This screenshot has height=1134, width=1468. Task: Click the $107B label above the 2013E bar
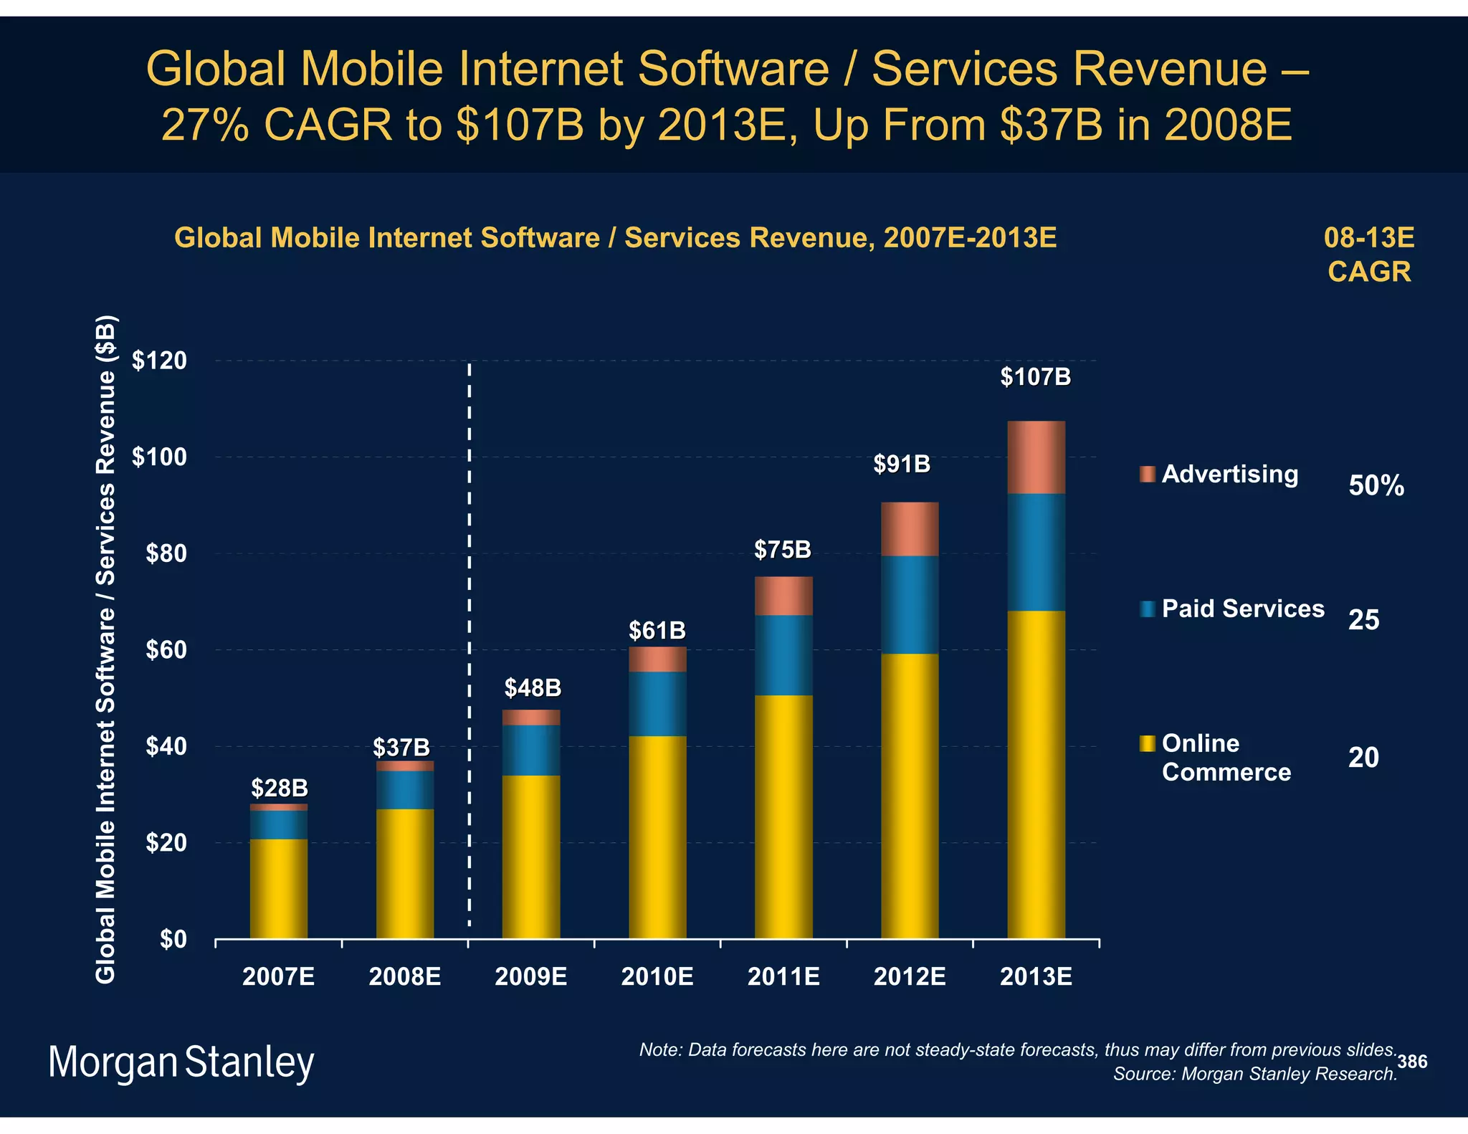click(1035, 377)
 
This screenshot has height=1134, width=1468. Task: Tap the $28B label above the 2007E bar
click(279, 788)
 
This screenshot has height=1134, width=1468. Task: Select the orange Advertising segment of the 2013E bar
click(1036, 457)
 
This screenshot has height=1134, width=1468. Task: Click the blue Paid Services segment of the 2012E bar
click(910, 604)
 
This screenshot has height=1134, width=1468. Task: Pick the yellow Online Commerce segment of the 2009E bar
click(531, 857)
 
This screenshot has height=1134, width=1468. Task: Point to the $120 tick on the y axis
click(159, 361)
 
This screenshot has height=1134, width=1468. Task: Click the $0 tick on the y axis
click(172, 939)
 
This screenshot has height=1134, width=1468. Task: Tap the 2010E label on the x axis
click(657, 977)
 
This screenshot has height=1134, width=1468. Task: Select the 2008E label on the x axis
click(404, 977)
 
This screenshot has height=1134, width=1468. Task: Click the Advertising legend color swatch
click(1148, 474)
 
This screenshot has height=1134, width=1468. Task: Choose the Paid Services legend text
click(1243, 609)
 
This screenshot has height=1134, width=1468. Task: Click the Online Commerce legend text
click(1226, 758)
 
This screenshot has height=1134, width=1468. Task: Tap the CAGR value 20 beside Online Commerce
click(1363, 758)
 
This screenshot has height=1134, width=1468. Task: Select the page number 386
click(1412, 1062)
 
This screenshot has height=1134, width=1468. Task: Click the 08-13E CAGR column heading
click(1369, 254)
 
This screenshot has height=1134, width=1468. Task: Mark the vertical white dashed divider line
click(470, 645)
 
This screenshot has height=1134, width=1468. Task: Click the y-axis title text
click(105, 649)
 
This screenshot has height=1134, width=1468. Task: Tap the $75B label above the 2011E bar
click(783, 550)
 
